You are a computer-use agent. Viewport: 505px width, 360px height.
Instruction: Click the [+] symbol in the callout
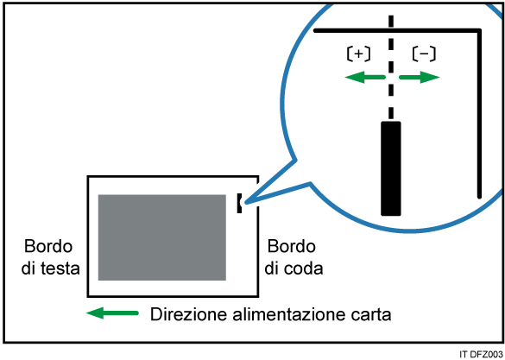point(358,54)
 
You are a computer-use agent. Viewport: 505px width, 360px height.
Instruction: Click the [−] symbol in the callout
point(424,54)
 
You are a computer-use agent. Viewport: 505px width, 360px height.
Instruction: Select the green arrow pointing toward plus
point(365,78)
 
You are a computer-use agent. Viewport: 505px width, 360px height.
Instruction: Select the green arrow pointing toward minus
point(420,78)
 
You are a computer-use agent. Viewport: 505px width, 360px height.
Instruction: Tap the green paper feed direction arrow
point(112,313)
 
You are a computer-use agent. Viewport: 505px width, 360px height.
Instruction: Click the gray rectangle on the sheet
point(162,237)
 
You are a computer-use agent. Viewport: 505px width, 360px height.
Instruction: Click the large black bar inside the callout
point(391,168)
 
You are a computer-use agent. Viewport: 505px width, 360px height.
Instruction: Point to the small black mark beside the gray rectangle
point(239,203)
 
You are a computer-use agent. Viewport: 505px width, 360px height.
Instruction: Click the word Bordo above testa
point(48,247)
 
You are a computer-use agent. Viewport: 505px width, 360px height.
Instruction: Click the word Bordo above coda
point(292,247)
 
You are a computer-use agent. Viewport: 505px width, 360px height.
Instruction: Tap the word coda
point(303,268)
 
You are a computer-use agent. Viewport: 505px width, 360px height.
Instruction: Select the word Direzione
point(189,314)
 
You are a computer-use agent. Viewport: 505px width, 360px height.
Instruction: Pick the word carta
point(369,314)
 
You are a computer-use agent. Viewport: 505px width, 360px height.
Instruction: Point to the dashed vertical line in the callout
point(391,67)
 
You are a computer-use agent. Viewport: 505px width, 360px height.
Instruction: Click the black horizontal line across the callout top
point(397,30)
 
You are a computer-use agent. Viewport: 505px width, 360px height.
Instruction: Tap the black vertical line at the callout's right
point(479,113)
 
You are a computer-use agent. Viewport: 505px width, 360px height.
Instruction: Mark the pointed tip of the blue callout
point(245,203)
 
